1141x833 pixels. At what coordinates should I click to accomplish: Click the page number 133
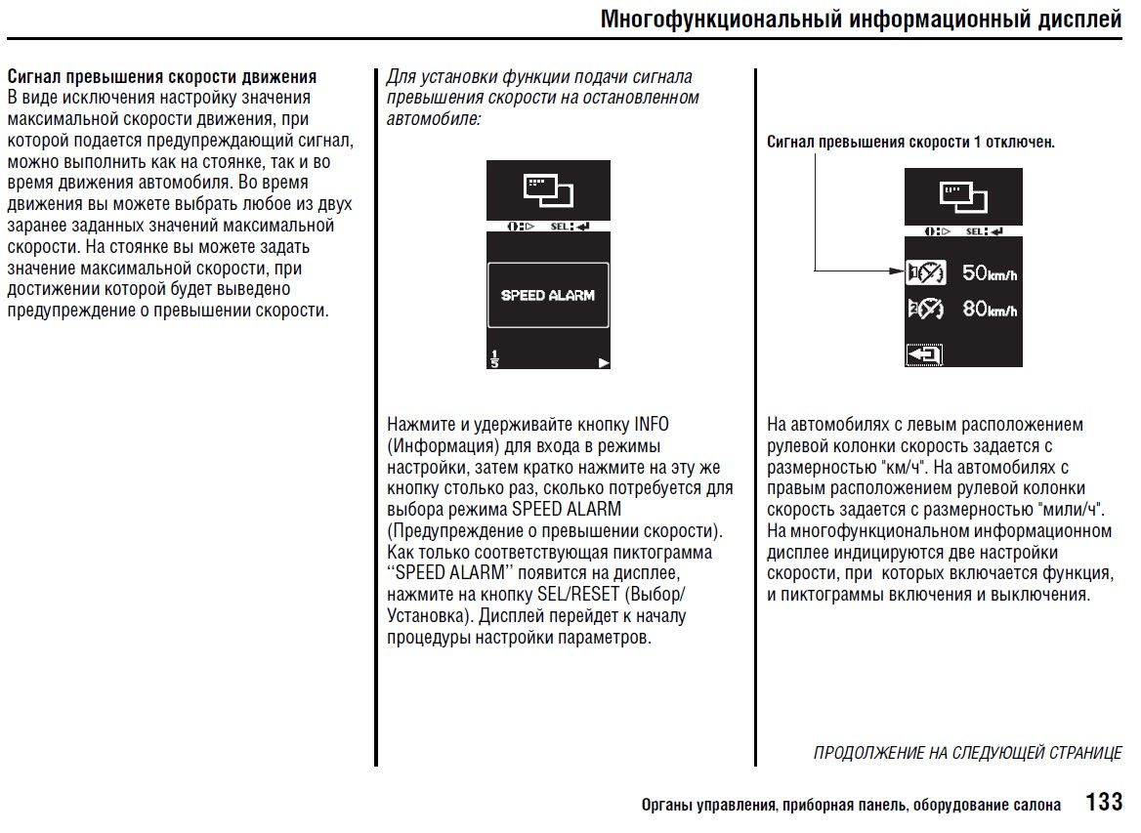tap(1104, 802)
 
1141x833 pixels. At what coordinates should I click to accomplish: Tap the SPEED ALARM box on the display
tap(548, 295)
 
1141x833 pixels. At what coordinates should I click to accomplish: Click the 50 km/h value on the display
tap(990, 273)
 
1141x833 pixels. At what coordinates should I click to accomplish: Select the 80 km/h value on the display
tap(990, 309)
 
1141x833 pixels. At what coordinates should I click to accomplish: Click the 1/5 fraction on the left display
tap(494, 358)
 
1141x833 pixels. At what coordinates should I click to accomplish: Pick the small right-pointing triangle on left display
tap(604, 362)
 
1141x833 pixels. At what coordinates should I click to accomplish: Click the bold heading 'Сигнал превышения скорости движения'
tap(162, 77)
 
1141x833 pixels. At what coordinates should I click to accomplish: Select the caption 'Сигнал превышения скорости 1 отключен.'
tap(910, 143)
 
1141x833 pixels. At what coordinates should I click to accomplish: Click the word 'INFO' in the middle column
tap(652, 425)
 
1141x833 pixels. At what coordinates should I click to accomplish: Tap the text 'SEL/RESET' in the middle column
tap(577, 595)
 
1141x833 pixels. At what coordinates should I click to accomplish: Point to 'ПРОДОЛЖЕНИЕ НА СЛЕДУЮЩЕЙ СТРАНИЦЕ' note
tap(967, 753)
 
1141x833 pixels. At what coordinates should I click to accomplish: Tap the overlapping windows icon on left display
tap(548, 187)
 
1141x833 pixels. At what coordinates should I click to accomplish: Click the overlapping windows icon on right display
tap(963, 196)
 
